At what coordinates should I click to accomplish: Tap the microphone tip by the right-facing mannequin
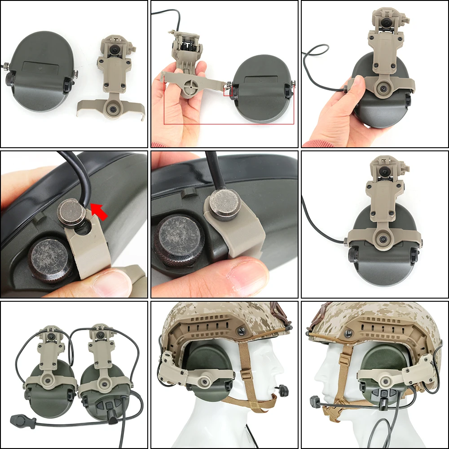[x=283, y=390]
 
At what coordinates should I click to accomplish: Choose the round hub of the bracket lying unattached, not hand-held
[x=111, y=108]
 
